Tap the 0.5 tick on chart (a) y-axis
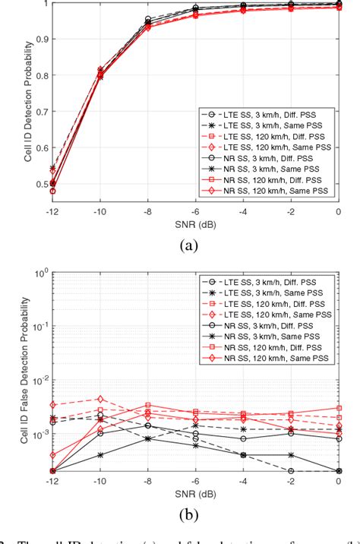pyautogui.click(x=39, y=184)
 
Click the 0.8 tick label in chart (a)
pyautogui.click(x=39, y=75)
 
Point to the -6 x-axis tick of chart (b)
pyautogui.click(x=196, y=481)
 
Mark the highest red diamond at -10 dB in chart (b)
pyautogui.click(x=100, y=399)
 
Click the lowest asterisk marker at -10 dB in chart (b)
pyautogui.click(x=100, y=455)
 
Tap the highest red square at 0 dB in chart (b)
pyautogui.click(x=339, y=408)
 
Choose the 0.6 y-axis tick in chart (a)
pyautogui.click(x=39, y=147)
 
